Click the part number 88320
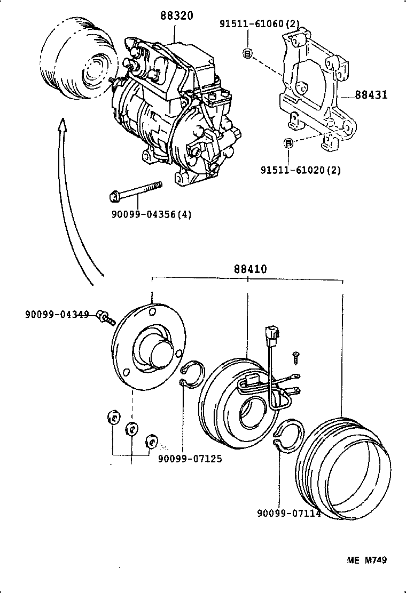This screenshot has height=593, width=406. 176,16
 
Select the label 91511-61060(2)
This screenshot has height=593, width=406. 260,23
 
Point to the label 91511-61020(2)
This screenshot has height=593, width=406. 300,170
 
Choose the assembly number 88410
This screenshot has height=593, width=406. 249,269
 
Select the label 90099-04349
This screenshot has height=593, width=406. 57,314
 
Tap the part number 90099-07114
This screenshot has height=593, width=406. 288,514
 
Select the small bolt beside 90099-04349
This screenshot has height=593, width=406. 106,317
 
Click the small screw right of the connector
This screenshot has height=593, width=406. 294,356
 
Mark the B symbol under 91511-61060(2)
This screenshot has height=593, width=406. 247,53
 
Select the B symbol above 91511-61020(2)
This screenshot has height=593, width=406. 288,143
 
